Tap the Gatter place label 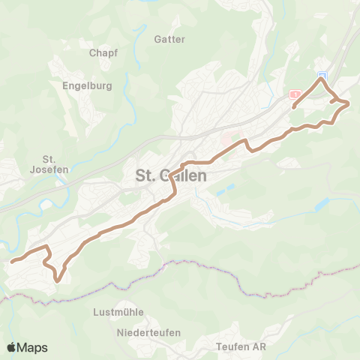pos(168,38)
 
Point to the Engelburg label pos(88,85)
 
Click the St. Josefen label pos(51,163)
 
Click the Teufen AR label pos(241,346)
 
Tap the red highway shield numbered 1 pos(296,94)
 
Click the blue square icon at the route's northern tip pos(322,76)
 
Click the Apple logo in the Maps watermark pos(13,347)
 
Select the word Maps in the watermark pos(33,347)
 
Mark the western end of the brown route pos(12,262)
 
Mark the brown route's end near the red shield pos(293,107)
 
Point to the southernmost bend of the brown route pos(58,281)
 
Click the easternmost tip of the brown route pos(349,103)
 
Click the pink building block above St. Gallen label pos(226,141)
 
